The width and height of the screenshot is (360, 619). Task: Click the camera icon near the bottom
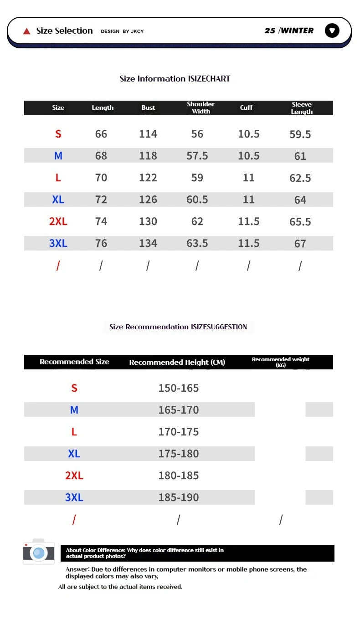pyautogui.click(x=39, y=552)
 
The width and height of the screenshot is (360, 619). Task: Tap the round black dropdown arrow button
pyautogui.click(x=332, y=31)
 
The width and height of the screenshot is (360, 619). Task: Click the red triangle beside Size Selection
pyautogui.click(x=27, y=31)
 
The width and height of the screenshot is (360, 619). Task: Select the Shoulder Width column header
pyautogui.click(x=201, y=107)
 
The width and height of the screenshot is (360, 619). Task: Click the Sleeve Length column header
pyautogui.click(x=302, y=108)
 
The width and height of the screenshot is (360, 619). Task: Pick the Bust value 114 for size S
pyautogui.click(x=148, y=134)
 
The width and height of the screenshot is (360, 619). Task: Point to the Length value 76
pyautogui.click(x=101, y=243)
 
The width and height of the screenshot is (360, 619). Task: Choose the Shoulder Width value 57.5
pyautogui.click(x=197, y=156)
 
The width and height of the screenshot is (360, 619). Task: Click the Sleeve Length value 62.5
pyautogui.click(x=300, y=178)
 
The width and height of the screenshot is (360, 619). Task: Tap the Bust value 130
pyautogui.click(x=148, y=221)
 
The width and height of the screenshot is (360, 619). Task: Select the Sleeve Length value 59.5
pyautogui.click(x=300, y=134)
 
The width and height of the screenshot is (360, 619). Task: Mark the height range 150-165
pyautogui.click(x=179, y=388)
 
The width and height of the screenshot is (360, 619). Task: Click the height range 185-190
pyautogui.click(x=179, y=497)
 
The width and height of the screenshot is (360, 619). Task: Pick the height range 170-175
pyautogui.click(x=179, y=432)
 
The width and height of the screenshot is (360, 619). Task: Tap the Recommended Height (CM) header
pyautogui.click(x=177, y=363)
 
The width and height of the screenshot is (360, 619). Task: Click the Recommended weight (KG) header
pyautogui.click(x=281, y=362)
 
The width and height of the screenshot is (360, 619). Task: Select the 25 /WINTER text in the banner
pyautogui.click(x=289, y=31)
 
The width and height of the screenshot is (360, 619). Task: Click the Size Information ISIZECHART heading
pyautogui.click(x=175, y=79)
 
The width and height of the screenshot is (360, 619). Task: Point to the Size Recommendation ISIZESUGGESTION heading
pyautogui.click(x=178, y=327)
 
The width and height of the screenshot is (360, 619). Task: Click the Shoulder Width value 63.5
pyautogui.click(x=197, y=243)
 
